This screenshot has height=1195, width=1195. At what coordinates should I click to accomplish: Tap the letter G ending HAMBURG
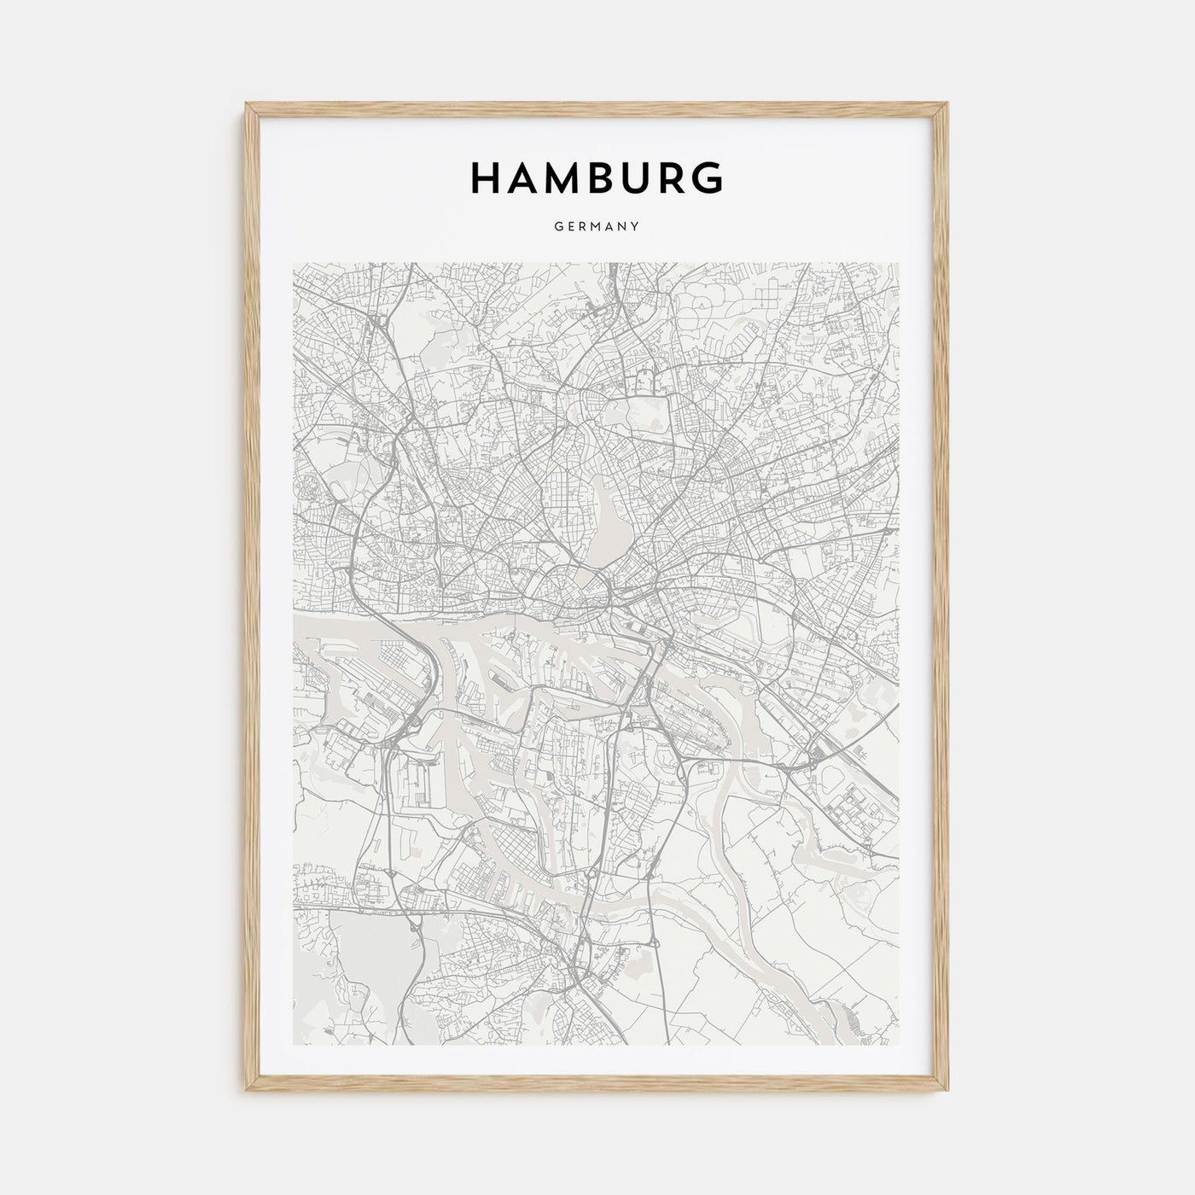click(708, 178)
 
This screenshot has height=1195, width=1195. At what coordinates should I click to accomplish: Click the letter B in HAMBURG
click(599, 178)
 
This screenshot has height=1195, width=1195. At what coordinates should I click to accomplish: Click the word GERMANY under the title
click(597, 227)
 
